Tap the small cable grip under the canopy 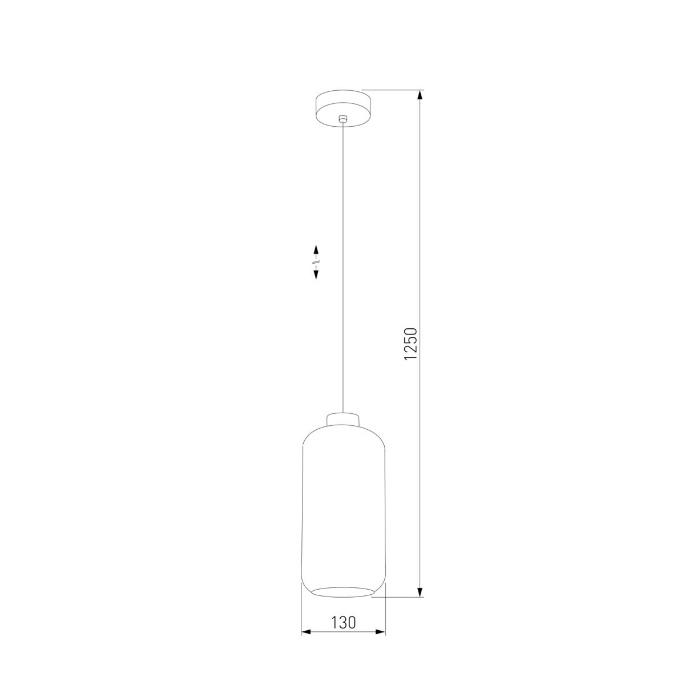click(342, 119)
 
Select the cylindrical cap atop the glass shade click(343, 420)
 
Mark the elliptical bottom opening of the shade click(343, 591)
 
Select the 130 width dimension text click(343, 622)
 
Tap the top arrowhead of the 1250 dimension click(421, 96)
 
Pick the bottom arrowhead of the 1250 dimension click(421, 591)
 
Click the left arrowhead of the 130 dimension click(306, 632)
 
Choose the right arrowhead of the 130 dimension click(381, 632)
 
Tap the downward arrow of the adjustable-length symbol click(316, 274)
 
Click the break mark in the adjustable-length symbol click(316, 263)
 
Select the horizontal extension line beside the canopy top click(394, 90)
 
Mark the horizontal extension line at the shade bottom click(400, 597)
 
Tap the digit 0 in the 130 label click(351, 622)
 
